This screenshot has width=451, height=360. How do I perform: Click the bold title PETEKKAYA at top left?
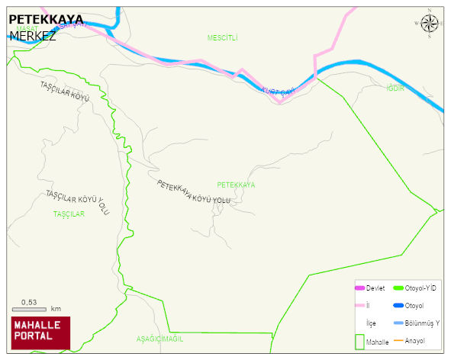click(45, 19)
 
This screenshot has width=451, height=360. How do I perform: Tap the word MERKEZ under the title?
click(33, 35)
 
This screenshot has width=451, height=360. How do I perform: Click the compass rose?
click(430, 24)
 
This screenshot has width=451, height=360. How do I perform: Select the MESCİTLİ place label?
click(223, 37)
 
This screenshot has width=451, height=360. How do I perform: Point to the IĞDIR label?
click(395, 88)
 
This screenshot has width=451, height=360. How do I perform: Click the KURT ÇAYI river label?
click(278, 92)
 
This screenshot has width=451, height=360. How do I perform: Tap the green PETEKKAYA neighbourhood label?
click(236, 185)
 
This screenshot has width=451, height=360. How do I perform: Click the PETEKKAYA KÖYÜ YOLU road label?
click(193, 191)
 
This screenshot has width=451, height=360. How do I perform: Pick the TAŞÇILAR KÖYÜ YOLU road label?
click(78, 203)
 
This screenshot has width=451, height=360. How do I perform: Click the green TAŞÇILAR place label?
click(69, 214)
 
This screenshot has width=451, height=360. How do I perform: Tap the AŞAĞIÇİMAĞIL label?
click(160, 338)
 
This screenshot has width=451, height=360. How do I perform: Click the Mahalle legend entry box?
click(360, 342)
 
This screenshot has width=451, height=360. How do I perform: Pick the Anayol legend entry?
click(415, 340)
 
